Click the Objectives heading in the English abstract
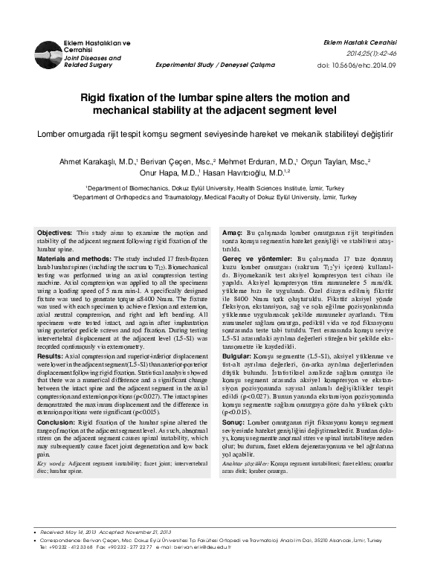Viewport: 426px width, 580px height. pyautogui.click(x=54, y=233)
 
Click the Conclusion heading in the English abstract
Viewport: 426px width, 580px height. pyautogui.click(x=57, y=422)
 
